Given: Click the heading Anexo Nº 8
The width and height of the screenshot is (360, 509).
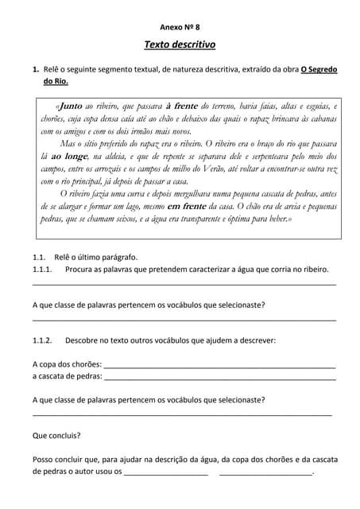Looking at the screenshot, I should (180, 26).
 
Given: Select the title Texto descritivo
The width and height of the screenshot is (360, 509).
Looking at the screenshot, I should (180, 45).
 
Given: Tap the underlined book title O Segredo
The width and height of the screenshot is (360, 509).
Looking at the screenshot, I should (319, 69).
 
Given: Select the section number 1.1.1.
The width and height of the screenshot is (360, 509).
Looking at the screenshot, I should (42, 270).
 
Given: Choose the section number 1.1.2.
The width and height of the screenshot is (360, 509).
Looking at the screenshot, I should (42, 340).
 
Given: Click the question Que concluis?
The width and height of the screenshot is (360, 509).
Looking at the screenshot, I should (56, 435).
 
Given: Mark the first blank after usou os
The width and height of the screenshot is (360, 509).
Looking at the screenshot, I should (166, 473).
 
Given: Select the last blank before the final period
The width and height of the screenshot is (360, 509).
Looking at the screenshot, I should (265, 473).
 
